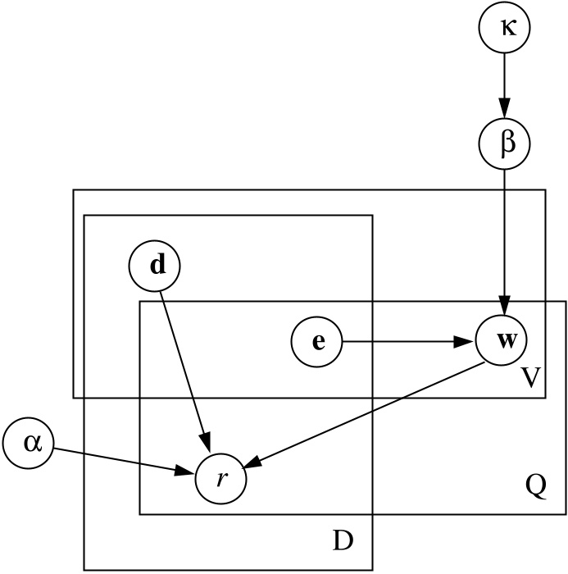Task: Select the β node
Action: click(504, 143)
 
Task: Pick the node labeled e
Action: click(317, 340)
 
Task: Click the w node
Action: click(504, 340)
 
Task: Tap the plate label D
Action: click(341, 542)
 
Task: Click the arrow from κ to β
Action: click(504, 82)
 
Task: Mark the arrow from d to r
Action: click(185, 369)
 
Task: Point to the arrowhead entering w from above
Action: click(504, 307)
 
